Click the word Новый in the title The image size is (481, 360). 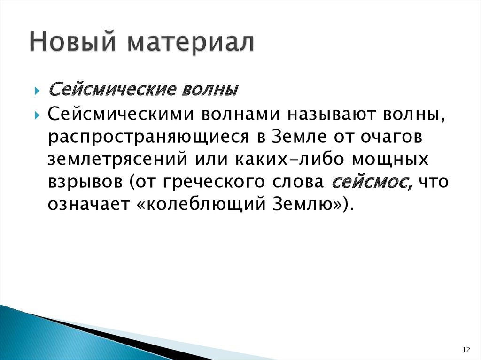[x=71, y=43]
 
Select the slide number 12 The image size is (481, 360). [x=466, y=349]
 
